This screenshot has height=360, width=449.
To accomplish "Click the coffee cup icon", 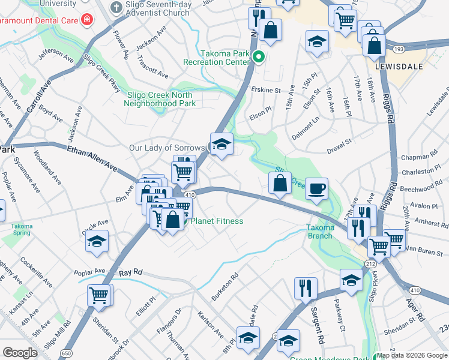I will [316, 188].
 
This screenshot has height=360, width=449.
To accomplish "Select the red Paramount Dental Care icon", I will [87, 19].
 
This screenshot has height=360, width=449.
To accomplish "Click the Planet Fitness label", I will [217, 221].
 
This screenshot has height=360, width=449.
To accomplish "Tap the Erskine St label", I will [266, 91].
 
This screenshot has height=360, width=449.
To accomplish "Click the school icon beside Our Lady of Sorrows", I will [221, 145].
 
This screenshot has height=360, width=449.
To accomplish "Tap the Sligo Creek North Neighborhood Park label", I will [160, 99].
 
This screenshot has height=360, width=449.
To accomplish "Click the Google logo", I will [20, 353].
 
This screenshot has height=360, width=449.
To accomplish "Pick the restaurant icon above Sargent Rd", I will [306, 288].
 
